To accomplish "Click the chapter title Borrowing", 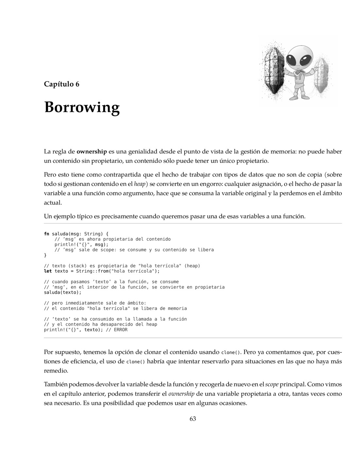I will (82, 108).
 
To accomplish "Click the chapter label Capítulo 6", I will (62, 84).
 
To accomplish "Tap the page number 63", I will (192, 419).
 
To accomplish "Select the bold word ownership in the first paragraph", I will (92, 152).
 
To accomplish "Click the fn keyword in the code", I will (46, 234).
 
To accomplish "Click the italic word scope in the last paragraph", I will (271, 384).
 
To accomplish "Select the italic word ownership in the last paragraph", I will (181, 394).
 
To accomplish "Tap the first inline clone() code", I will (231, 352).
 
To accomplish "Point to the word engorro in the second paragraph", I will (210, 184).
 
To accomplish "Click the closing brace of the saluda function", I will (45, 255).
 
